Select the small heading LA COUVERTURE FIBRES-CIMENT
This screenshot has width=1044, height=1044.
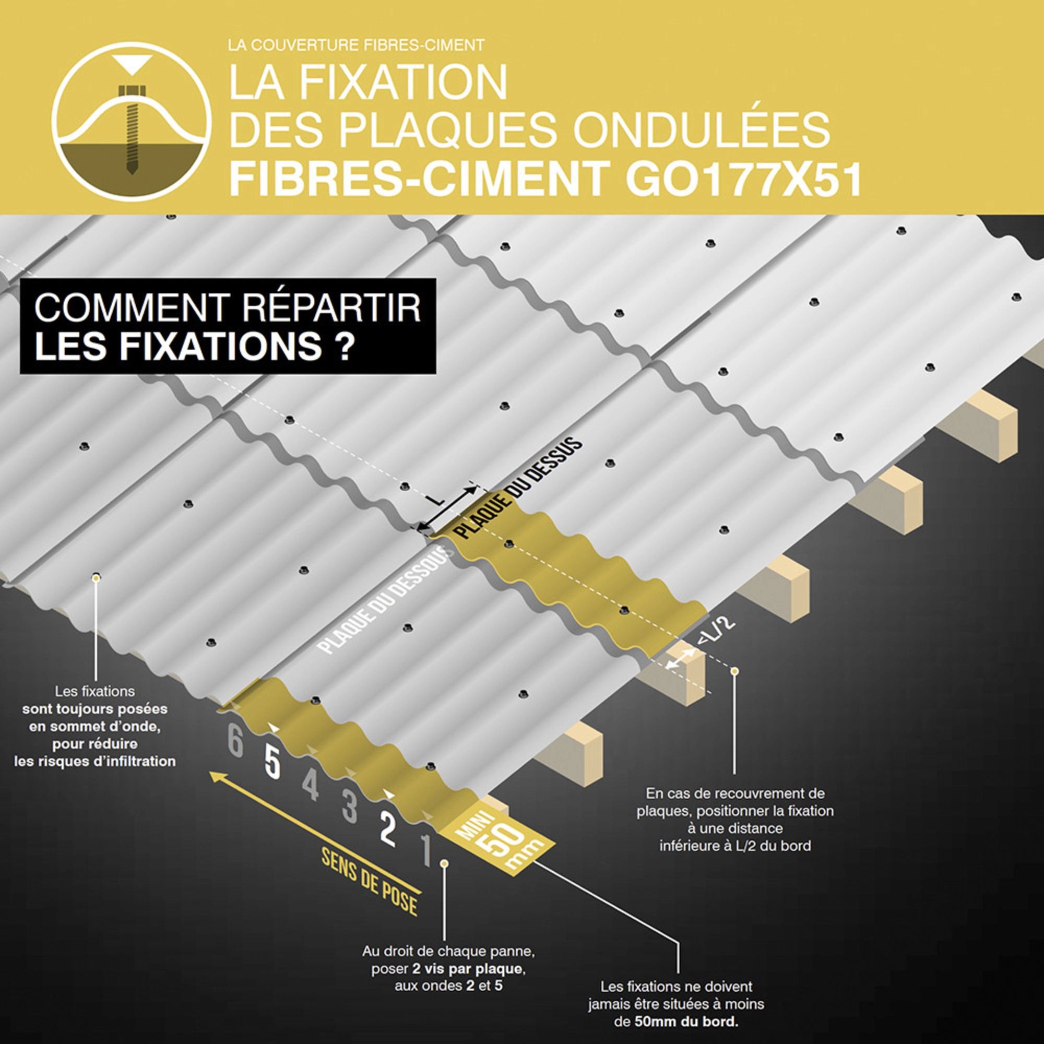[x=356, y=45]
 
